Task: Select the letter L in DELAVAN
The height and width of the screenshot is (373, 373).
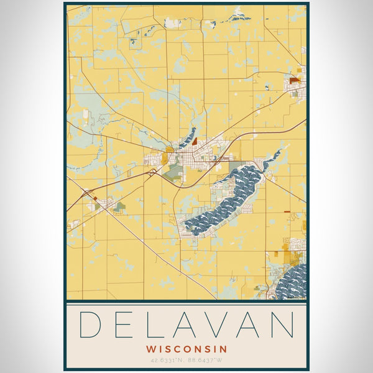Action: click(150, 325)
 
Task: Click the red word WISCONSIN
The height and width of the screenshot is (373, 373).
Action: click(186, 349)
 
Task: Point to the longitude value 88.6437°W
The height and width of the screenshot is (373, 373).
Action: click(206, 360)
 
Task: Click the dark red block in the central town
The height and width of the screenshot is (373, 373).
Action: click(194, 142)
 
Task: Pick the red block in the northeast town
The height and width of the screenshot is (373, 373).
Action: click(294, 80)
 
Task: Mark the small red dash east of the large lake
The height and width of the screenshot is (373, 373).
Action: click(287, 212)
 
